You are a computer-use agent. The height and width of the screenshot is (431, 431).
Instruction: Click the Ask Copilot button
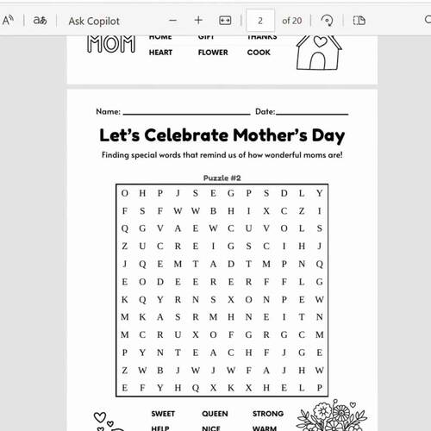tap(94, 20)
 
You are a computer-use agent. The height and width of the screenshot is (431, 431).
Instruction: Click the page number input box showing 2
tap(260, 20)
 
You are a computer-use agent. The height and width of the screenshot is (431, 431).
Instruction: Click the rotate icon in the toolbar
tap(327, 20)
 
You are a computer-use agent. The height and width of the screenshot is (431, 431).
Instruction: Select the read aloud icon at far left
tap(9, 20)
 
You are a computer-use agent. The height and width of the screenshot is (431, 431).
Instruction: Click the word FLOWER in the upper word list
tap(212, 53)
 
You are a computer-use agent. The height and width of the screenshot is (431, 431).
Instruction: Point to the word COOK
tap(259, 53)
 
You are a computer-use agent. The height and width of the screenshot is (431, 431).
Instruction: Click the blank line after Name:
tap(185, 112)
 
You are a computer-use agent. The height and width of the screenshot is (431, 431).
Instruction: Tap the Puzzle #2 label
tap(222, 178)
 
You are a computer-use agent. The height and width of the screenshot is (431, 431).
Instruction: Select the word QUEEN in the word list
tap(215, 414)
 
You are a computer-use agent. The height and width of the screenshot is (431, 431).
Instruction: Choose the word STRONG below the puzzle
tap(268, 414)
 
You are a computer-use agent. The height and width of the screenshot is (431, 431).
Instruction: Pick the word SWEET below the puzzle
tap(163, 414)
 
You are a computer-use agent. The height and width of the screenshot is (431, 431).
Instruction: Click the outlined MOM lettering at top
tap(111, 43)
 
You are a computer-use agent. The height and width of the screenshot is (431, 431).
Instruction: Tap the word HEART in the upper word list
tap(160, 53)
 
